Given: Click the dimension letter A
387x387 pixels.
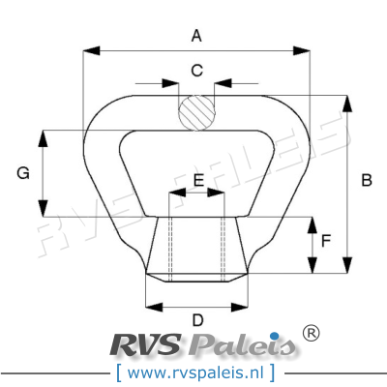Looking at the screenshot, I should coord(196,37).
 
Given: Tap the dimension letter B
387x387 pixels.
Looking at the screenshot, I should coord(367,180).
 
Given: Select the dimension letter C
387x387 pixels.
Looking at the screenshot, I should coord(196,70).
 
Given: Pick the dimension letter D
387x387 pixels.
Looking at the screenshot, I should coord(197,320).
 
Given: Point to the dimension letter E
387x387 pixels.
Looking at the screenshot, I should coord(197,181).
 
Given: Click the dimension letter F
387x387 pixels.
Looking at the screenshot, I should coord(326,239).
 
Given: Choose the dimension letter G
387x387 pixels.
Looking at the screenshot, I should coord(23,173).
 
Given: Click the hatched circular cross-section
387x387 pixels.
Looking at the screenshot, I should coord(196,109).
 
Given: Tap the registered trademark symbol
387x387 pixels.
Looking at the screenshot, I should coord(311,334).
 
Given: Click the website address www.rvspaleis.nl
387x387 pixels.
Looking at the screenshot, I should coord(197,372).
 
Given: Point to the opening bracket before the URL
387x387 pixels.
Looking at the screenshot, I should coord(118,372).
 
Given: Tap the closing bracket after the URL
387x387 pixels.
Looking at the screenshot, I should coord(274,372).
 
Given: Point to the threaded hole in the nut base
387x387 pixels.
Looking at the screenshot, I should coord(196,247).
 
